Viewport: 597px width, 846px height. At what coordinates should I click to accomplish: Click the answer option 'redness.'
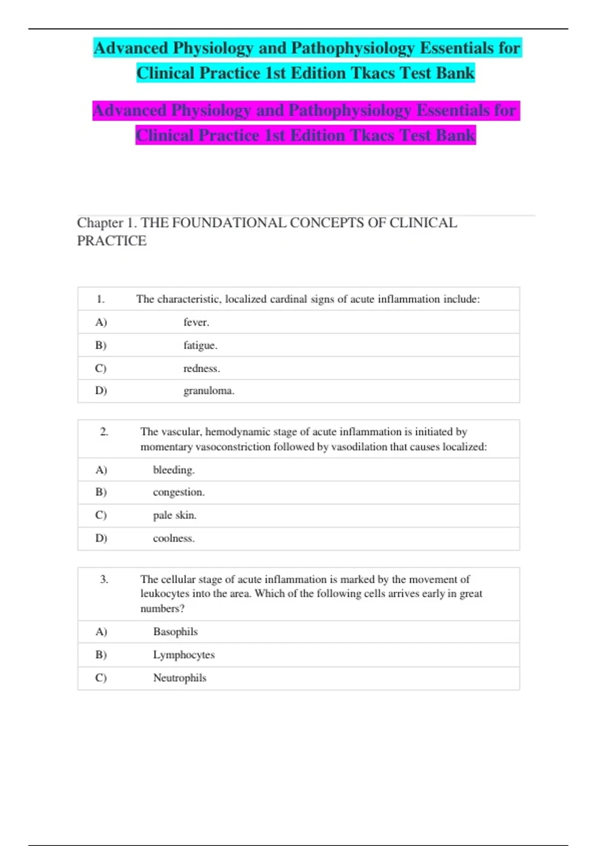pos(201,368)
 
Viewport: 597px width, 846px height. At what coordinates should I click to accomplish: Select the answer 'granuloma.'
pos(208,391)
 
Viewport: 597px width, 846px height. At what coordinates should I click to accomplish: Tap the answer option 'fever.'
pos(196,322)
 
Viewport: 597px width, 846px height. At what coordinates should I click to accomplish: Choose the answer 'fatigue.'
pos(200,345)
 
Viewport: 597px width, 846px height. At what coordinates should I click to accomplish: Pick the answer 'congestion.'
pos(179,492)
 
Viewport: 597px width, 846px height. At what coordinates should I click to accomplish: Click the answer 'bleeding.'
pos(174,470)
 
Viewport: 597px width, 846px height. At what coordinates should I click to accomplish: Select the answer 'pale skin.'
pos(175,515)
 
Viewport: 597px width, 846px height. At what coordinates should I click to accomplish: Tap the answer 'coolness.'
pos(174,538)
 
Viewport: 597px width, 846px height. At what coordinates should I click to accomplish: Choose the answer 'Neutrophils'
pos(180,678)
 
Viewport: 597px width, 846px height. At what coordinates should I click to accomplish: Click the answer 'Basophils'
pos(175,632)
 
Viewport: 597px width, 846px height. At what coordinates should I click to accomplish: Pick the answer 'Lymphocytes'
pos(184,655)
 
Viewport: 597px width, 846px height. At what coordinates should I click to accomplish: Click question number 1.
pos(100,299)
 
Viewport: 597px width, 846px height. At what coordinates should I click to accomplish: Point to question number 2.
pos(104,431)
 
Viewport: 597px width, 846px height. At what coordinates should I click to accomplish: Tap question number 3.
pos(104,579)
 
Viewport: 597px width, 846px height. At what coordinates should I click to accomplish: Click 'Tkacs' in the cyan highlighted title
pos(373,73)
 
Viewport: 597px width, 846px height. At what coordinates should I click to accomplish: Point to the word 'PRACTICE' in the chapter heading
pos(112,241)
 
